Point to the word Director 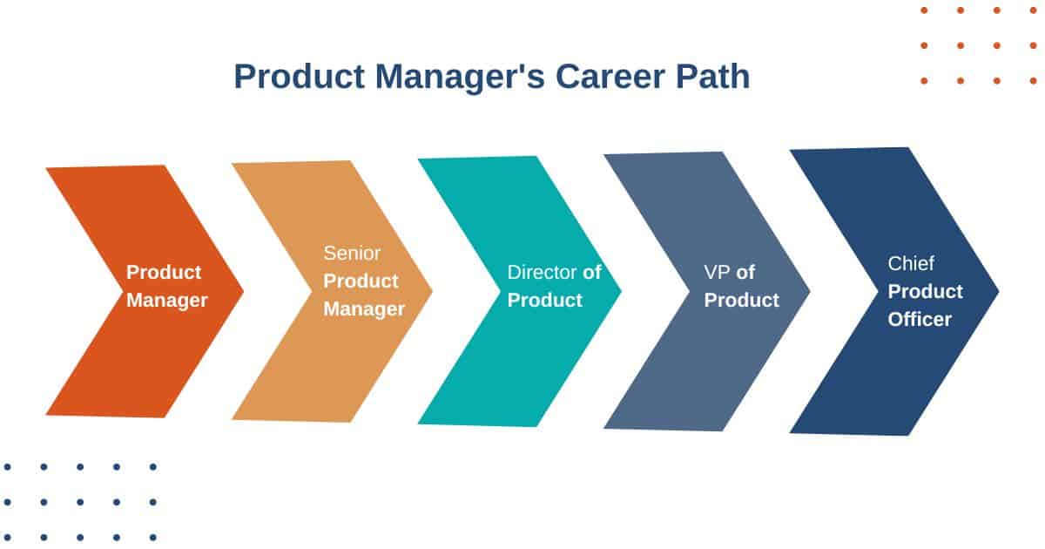(x=542, y=272)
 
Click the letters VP (x=717, y=272)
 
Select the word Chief (x=911, y=263)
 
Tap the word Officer (x=920, y=319)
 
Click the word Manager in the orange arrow (x=167, y=301)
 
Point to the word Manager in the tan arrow (x=364, y=309)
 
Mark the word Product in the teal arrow (x=545, y=301)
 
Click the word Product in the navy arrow (x=926, y=291)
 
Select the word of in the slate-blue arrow (x=745, y=272)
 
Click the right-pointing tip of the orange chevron (x=239, y=290)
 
